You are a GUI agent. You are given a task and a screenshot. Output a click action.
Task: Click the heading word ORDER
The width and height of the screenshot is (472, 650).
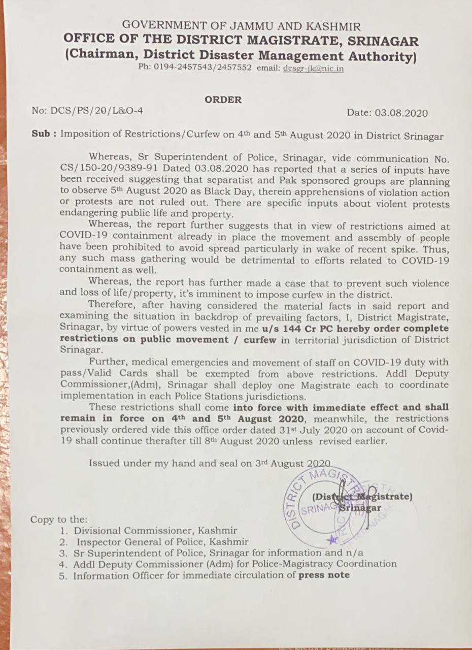click(223, 100)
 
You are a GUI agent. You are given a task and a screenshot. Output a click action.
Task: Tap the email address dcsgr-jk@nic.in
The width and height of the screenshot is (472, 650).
click(313, 68)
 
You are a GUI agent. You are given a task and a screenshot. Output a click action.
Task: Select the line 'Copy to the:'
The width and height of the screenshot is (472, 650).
click(59, 519)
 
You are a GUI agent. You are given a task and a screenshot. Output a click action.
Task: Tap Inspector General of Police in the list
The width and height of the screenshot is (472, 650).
click(135, 542)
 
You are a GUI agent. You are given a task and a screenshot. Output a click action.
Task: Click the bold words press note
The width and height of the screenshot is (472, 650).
click(324, 575)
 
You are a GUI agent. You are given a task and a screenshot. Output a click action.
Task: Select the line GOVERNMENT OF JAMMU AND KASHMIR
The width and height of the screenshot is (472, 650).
click(241, 26)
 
